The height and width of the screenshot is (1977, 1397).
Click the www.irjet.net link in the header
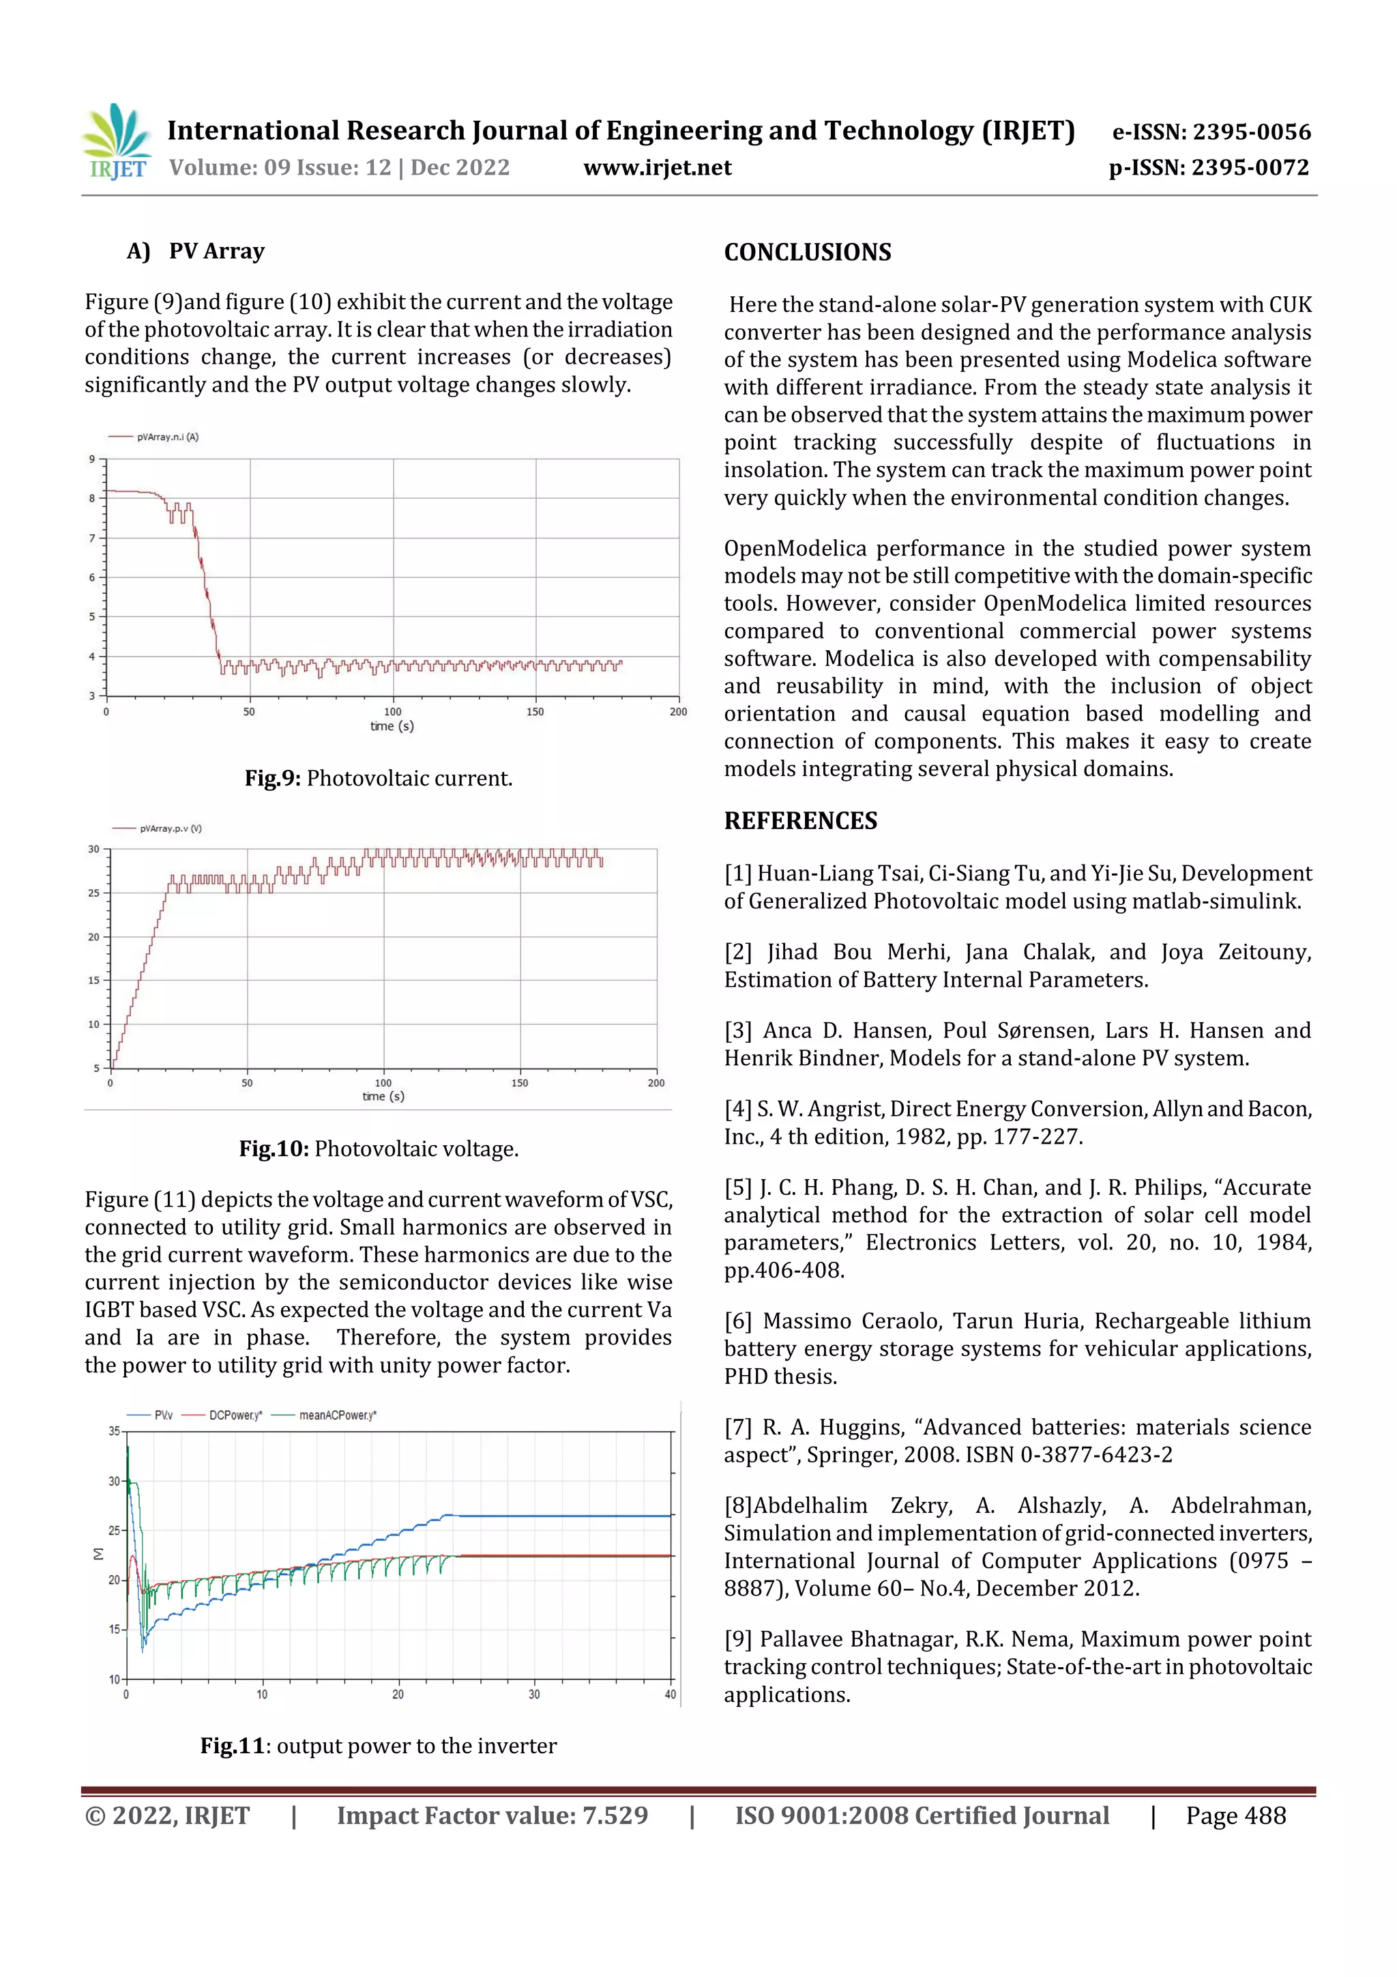point(657,168)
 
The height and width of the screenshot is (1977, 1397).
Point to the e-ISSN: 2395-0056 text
point(1211,132)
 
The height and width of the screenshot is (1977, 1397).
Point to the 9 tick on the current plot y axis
point(92,459)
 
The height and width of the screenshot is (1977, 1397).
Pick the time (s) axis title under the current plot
point(392,726)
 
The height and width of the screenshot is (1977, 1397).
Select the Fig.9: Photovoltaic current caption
point(378,779)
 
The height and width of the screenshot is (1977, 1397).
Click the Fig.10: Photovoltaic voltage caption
point(378,1149)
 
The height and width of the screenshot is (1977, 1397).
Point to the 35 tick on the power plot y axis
point(114,1431)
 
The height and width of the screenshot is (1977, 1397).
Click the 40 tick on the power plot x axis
point(670,1694)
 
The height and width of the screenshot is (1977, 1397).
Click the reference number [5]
point(737,1187)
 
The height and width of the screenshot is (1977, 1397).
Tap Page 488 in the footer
point(1235,1815)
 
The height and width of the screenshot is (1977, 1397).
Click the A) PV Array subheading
point(196,251)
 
